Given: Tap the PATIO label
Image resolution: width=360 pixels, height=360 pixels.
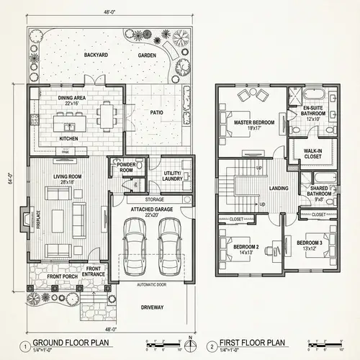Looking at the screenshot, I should coord(156,112).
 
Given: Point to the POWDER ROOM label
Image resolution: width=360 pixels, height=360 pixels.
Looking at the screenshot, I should coord(127,166).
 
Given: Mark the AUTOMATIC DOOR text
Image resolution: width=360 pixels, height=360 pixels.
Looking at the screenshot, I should coord(151,284).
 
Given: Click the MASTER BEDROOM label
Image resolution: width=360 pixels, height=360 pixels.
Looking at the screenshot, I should coord(254,123).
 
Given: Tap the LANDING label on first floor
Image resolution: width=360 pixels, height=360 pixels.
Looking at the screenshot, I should coord(279,189).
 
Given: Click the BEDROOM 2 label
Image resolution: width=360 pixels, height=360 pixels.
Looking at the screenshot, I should coord(246,248).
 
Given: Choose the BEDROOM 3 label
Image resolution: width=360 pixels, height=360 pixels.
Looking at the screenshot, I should coord(310,244).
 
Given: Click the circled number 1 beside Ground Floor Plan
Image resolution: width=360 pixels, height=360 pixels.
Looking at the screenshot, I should coord(24,344).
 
